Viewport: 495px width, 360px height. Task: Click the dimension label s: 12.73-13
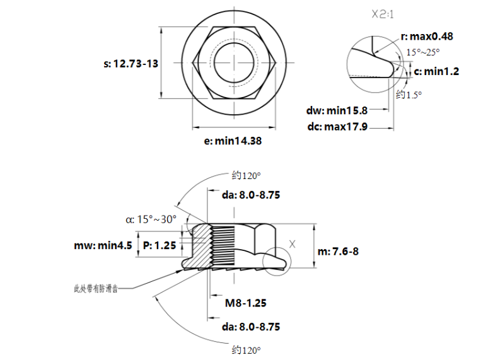tap(131, 64)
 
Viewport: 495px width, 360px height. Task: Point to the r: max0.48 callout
tap(427, 37)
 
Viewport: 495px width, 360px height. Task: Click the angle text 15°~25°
tap(422, 53)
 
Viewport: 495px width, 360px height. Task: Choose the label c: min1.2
tap(436, 71)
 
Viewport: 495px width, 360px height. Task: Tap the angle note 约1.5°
tap(409, 95)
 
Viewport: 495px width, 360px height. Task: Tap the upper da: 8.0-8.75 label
tap(250, 195)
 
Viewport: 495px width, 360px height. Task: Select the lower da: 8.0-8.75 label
tap(250, 327)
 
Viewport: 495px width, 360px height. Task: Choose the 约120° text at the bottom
tap(246, 349)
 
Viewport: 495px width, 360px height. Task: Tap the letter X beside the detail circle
tap(291, 243)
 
